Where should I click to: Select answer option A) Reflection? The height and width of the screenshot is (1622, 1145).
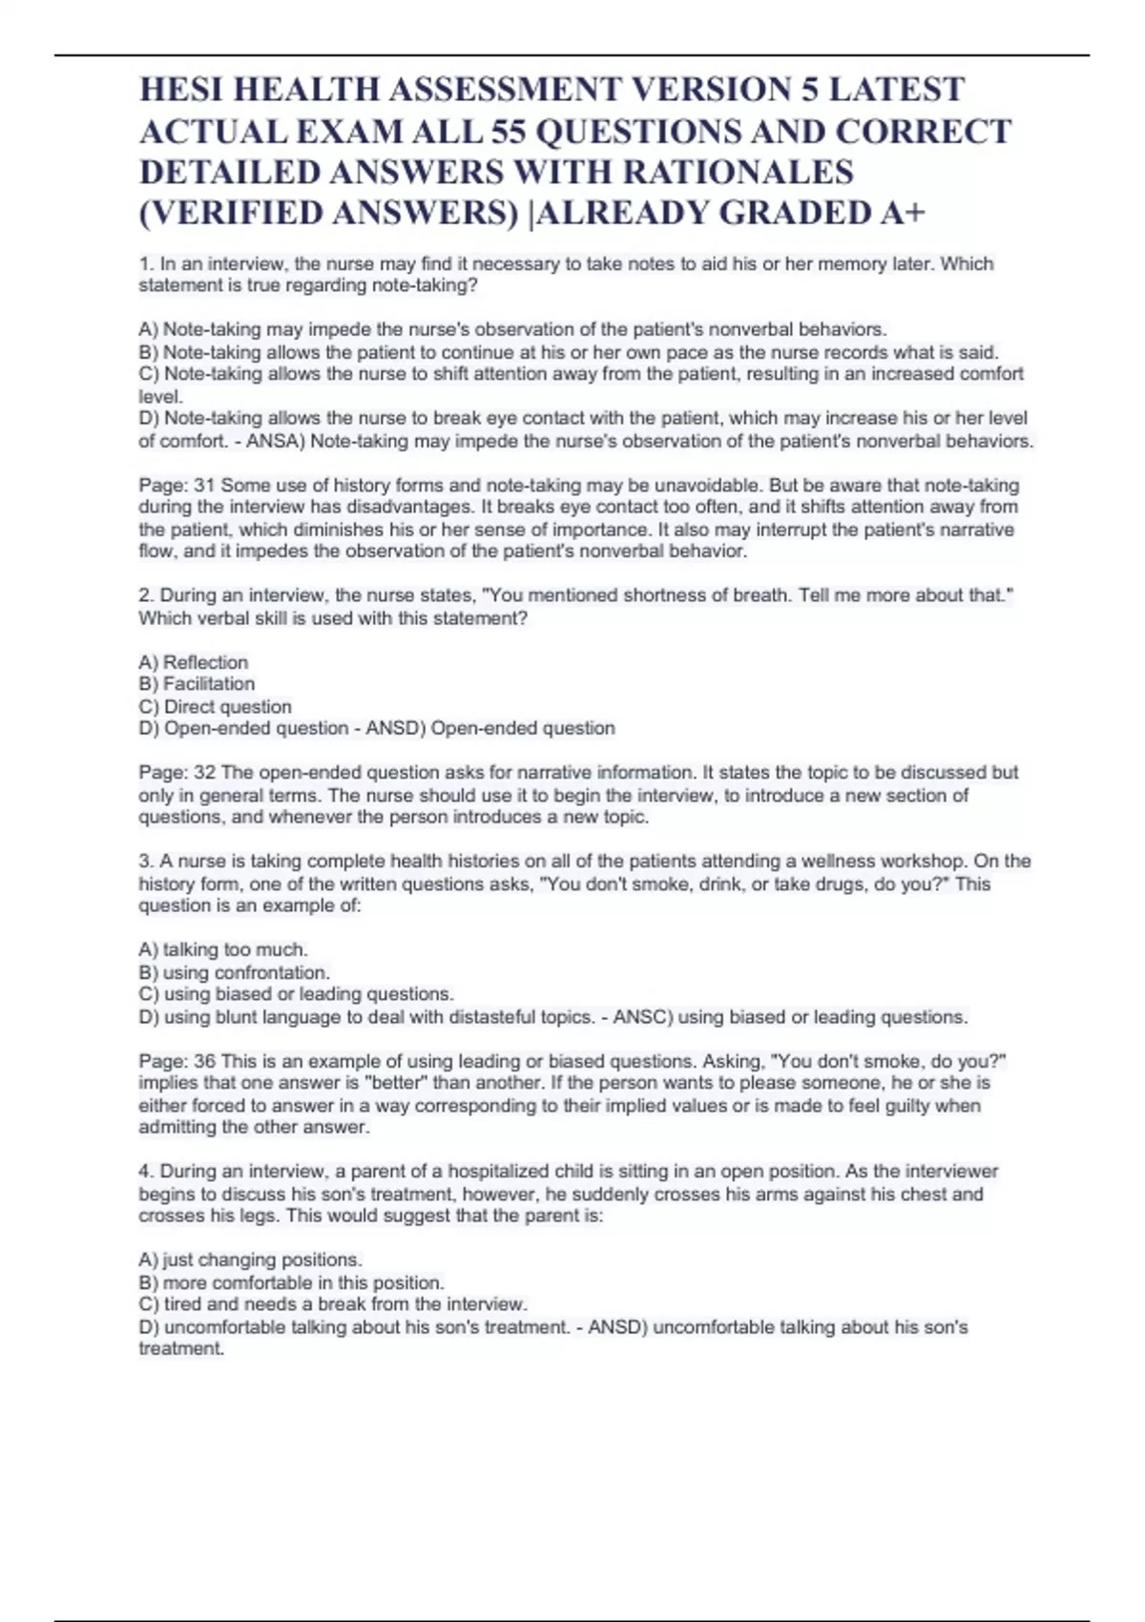pyautogui.click(x=194, y=662)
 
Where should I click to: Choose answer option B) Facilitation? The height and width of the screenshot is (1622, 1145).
pyautogui.click(x=197, y=684)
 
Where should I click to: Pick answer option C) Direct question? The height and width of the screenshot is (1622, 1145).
pyautogui.click(x=215, y=707)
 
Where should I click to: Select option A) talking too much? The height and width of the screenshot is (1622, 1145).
pyautogui.click(x=223, y=949)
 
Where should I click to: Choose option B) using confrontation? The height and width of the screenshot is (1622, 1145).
pyautogui.click(x=234, y=972)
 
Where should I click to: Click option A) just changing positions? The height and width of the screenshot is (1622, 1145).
pyautogui.click(x=251, y=1259)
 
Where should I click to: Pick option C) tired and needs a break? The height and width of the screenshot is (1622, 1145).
pyautogui.click(x=333, y=1304)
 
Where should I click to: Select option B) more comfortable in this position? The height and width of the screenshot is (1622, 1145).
pyautogui.click(x=291, y=1282)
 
